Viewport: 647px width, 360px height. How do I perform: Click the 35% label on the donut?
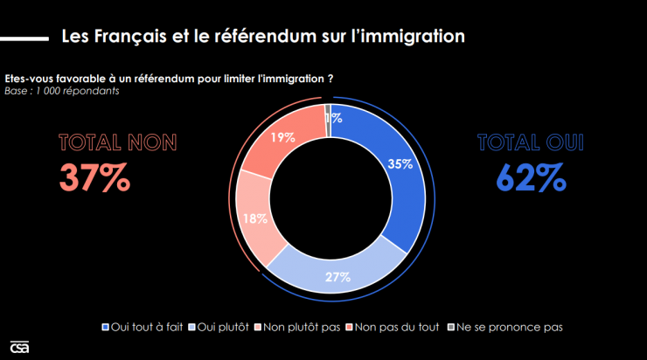pyautogui.click(x=401, y=164)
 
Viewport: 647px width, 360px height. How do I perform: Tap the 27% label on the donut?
pyautogui.click(x=338, y=277)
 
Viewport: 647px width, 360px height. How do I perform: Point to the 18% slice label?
pyautogui.click(x=255, y=219)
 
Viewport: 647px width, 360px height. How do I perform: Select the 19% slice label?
pyautogui.click(x=282, y=137)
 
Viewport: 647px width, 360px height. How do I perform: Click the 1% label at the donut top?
pyautogui.click(x=333, y=118)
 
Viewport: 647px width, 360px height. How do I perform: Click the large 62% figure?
pyautogui.click(x=530, y=177)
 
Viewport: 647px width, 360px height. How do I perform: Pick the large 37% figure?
pyautogui.click(x=94, y=177)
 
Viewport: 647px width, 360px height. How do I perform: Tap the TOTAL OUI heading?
pyautogui.click(x=530, y=142)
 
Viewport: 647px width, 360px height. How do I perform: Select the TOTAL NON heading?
pyautogui.click(x=117, y=142)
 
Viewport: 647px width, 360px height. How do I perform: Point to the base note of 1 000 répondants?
pyautogui.click(x=61, y=90)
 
